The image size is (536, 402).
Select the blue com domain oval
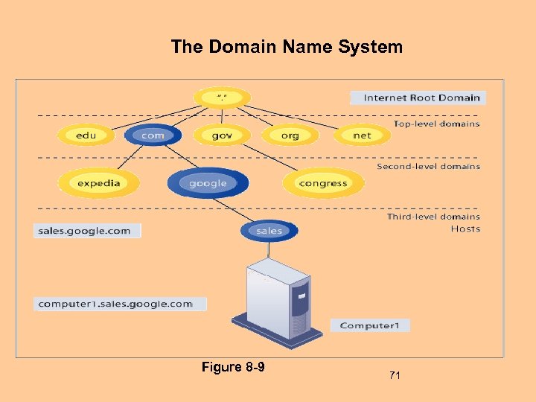pyautogui.click(x=153, y=135)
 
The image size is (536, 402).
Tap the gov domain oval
pyautogui.click(x=222, y=135)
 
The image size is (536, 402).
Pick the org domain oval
pyautogui.click(x=290, y=135)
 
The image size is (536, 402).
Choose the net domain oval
pyautogui.click(x=362, y=135)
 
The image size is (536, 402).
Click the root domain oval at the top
pyautogui.click(x=222, y=98)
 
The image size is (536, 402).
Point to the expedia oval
pyautogui.click(x=99, y=183)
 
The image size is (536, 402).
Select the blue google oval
pyautogui.click(x=208, y=183)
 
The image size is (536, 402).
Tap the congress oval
pyautogui.click(x=323, y=183)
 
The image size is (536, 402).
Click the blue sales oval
pyautogui.click(x=269, y=231)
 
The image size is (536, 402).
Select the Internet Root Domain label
pyautogui.click(x=418, y=98)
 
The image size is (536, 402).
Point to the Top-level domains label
pyautogui.click(x=436, y=124)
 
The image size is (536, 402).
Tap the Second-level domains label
pyautogui.click(x=428, y=167)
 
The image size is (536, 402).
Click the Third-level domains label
pyautogui.click(x=433, y=217)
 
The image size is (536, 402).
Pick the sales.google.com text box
pyautogui.click(x=87, y=231)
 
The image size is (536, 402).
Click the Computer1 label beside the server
pyautogui.click(x=370, y=325)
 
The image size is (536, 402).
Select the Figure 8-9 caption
pyautogui.click(x=233, y=367)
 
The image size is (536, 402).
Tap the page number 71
pyautogui.click(x=395, y=376)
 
